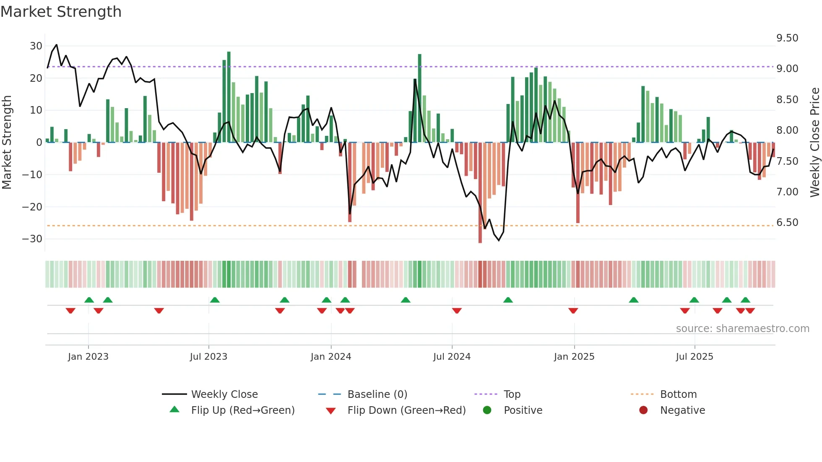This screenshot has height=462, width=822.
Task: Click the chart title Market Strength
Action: pos(61,12)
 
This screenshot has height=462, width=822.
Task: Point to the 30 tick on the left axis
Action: pos(36,46)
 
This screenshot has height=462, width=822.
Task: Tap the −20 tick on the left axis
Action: pos(32,207)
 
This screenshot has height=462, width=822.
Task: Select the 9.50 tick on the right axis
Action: pos(787,38)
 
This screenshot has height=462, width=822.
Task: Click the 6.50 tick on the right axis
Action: pos(787,223)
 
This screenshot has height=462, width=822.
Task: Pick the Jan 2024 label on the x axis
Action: pos(331,357)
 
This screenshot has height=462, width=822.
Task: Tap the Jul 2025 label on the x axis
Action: pos(695,357)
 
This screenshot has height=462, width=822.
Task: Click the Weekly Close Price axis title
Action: pos(814,143)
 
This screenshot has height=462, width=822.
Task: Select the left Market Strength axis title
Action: pos(7,143)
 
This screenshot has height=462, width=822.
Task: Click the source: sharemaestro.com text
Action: pos(742,329)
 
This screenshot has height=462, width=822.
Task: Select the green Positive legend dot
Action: pos(487,410)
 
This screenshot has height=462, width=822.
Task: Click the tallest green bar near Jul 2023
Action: pos(229,96)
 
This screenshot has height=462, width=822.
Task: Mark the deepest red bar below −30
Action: pos(480,193)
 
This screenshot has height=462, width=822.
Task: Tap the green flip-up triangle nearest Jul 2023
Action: pos(215,300)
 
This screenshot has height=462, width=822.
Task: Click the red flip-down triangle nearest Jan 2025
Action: pos(573,311)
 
